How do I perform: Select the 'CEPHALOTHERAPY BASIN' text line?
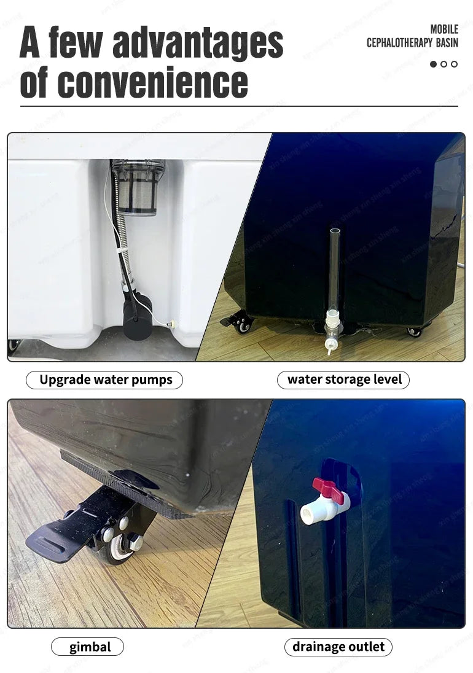(412, 43)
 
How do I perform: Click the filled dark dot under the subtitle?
(434, 64)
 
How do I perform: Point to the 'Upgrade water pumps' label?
(106, 379)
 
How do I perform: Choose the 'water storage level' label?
(344, 379)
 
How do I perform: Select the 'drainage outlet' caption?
(338, 647)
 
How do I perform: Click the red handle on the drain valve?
(326, 488)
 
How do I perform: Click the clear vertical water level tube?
(334, 270)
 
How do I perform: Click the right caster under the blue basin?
(415, 331)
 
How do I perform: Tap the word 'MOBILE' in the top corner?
(444, 29)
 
